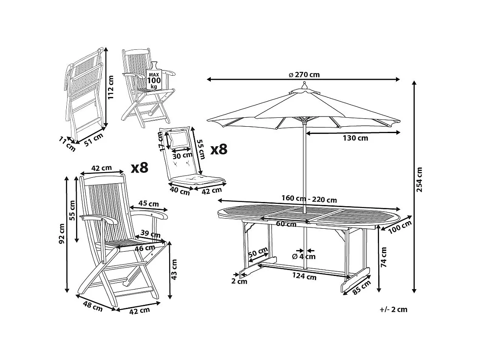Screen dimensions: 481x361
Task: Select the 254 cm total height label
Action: (420, 180)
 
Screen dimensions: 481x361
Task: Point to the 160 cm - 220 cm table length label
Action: (309, 199)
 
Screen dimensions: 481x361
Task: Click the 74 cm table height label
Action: (384, 257)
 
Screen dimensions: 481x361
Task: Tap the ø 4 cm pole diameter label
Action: (304, 256)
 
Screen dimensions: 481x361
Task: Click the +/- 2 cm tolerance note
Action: (393, 309)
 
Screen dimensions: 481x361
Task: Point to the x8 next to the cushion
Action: (219, 149)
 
